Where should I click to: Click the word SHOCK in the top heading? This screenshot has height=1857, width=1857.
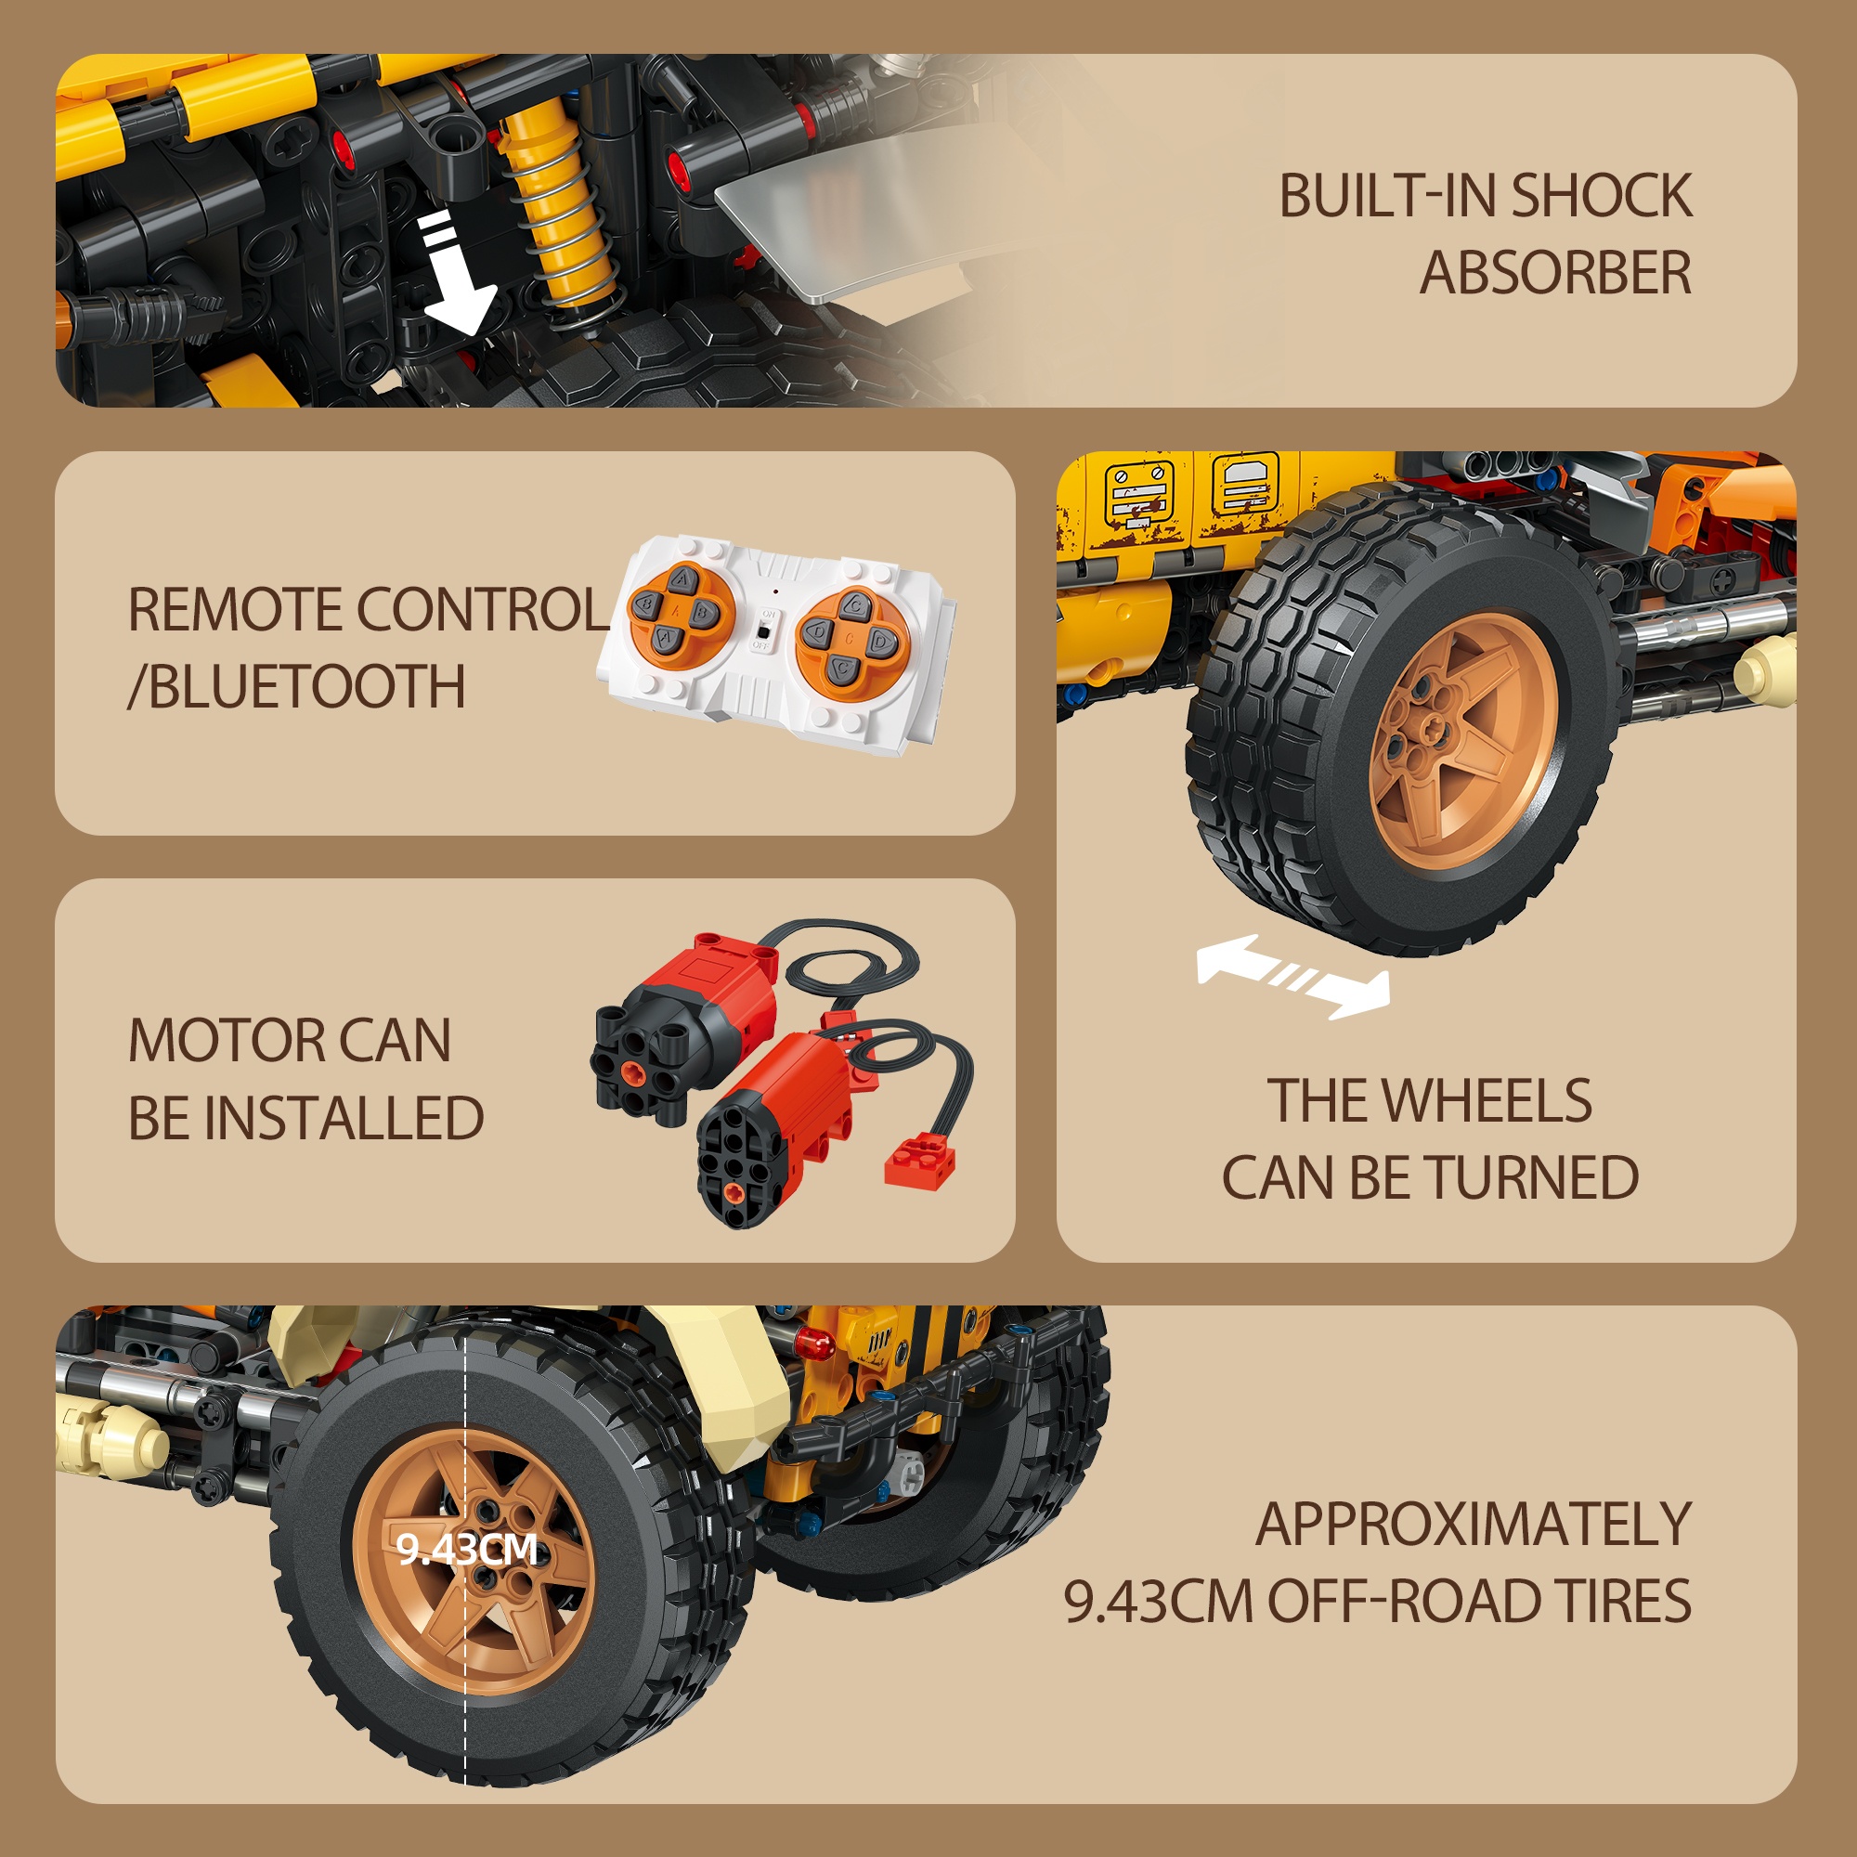(x=1601, y=196)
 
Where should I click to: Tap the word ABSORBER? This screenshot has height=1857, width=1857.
(x=1555, y=273)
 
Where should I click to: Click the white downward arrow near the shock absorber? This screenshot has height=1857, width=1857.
(x=455, y=275)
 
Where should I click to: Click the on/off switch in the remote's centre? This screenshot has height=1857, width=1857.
(x=763, y=630)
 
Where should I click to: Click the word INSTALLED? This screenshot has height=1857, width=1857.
(x=344, y=1118)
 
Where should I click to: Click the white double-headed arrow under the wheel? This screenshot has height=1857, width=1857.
(x=1292, y=976)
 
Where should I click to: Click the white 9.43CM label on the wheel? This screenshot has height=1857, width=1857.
(x=467, y=1549)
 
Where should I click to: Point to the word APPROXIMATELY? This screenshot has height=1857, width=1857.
(x=1473, y=1524)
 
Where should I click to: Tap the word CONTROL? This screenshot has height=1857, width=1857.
(x=484, y=609)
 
